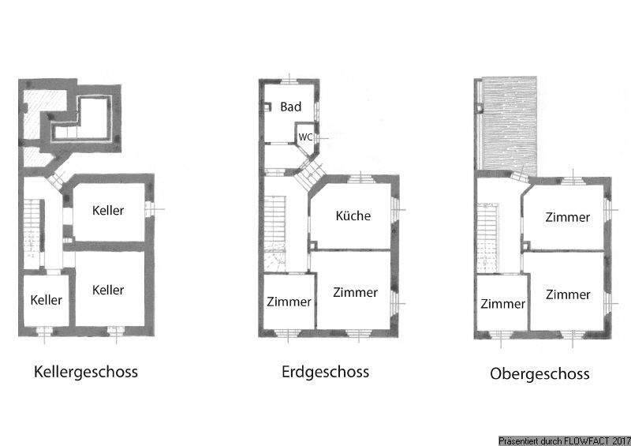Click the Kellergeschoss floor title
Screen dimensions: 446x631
[86, 372]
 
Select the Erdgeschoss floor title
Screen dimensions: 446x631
[325, 371]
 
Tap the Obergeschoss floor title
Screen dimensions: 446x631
[539, 373]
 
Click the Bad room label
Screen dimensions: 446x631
[291, 107]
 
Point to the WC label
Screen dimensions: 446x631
[304, 137]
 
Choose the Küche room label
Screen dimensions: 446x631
[353, 216]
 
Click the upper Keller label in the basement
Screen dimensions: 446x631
[108, 211]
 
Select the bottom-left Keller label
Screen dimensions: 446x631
[47, 300]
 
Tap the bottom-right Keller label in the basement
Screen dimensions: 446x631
[108, 290]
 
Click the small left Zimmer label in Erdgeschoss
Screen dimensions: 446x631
[289, 302]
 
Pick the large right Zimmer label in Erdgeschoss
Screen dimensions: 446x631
[355, 292]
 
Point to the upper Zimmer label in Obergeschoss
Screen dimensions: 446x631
[567, 217]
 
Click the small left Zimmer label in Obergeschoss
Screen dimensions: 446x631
[502, 304]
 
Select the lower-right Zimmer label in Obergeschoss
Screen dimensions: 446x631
[567, 294]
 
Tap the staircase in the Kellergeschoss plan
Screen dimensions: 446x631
[32, 225]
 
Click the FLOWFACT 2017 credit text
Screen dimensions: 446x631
[564, 440]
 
